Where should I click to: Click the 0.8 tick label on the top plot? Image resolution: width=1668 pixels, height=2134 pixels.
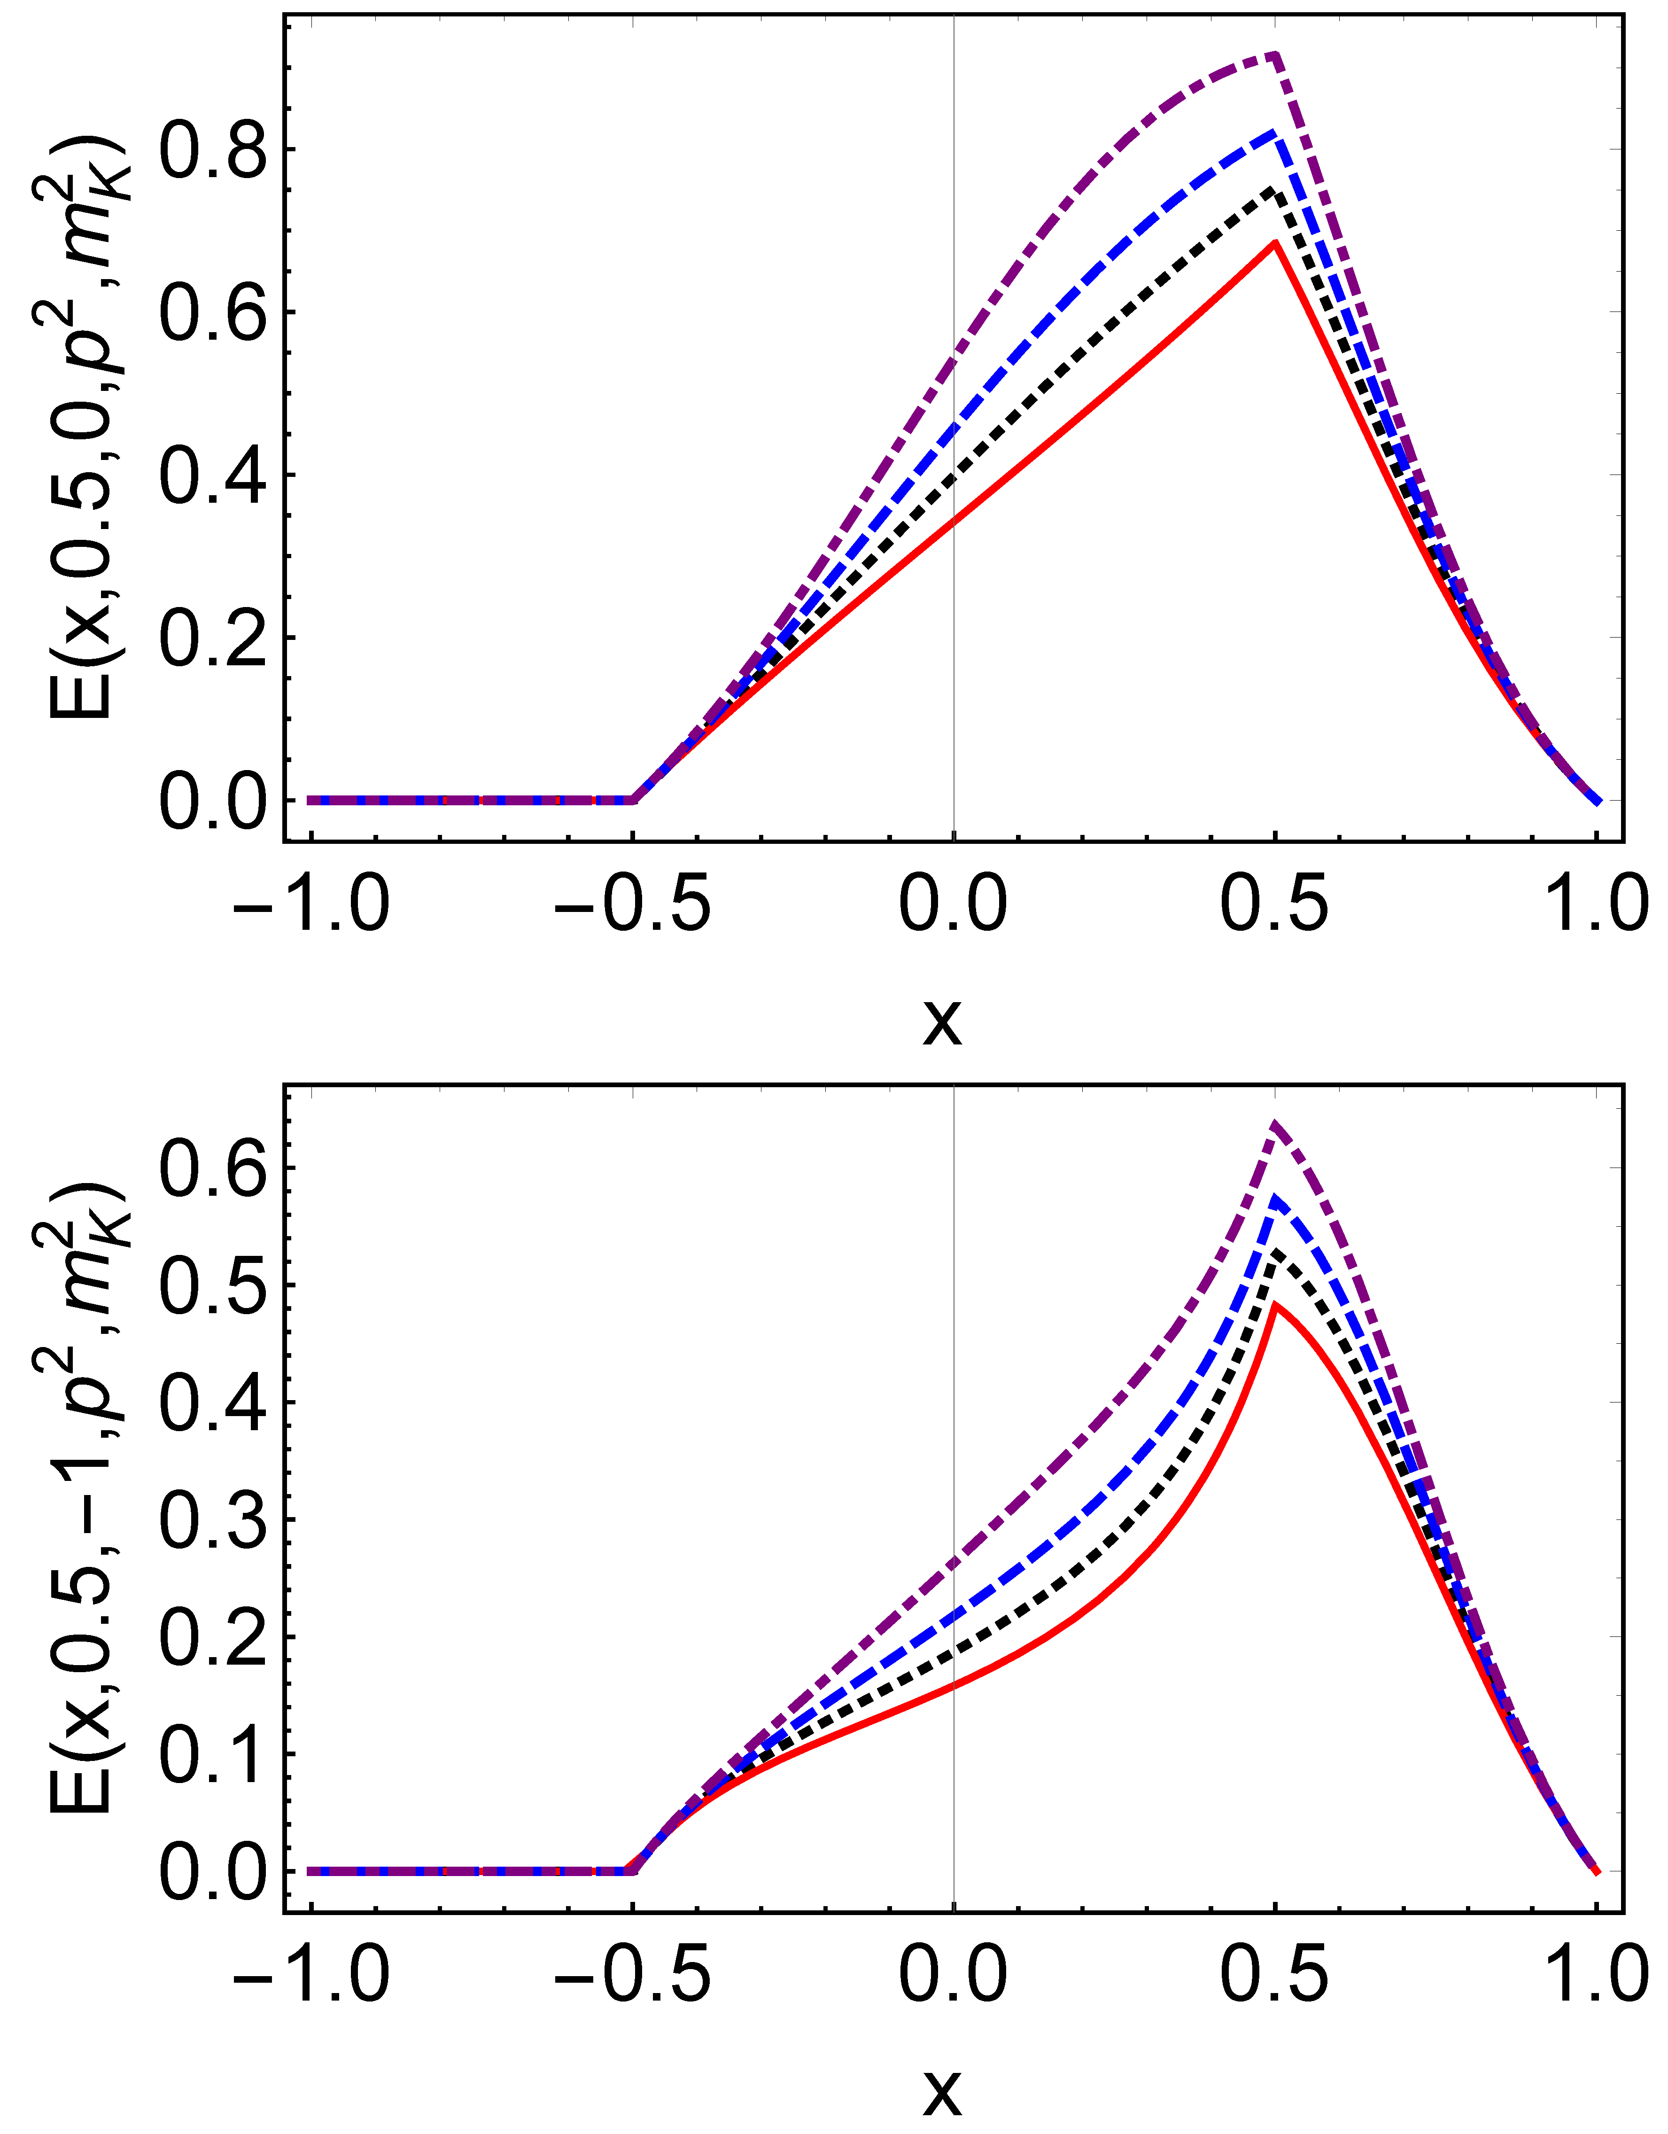pos(213,149)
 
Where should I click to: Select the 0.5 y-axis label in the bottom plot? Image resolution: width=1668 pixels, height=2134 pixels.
pos(213,1286)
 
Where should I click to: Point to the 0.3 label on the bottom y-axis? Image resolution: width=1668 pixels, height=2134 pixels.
pos(213,1519)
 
